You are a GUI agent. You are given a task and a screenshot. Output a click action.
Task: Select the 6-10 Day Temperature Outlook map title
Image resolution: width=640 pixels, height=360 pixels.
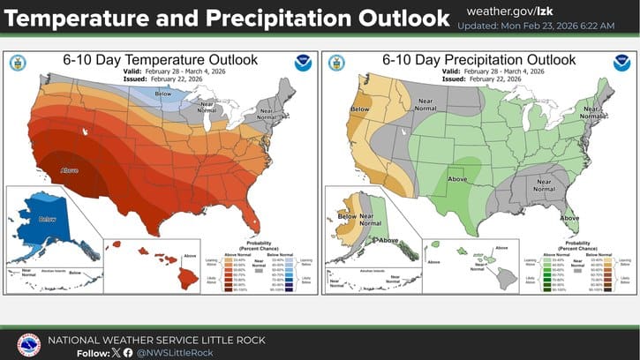point(160,59)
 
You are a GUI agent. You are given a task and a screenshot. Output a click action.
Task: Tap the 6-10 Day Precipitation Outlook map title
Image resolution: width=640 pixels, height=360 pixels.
point(479,59)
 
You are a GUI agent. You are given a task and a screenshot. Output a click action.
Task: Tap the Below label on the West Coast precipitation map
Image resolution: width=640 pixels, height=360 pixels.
point(361,109)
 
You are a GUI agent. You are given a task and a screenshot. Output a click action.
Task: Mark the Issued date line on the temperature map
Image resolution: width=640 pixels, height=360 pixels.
point(160,79)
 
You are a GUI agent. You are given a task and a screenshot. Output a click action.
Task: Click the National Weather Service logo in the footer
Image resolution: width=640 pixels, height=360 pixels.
point(29,345)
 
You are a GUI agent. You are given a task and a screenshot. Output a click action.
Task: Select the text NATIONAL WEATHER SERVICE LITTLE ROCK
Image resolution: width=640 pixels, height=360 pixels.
point(155,340)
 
